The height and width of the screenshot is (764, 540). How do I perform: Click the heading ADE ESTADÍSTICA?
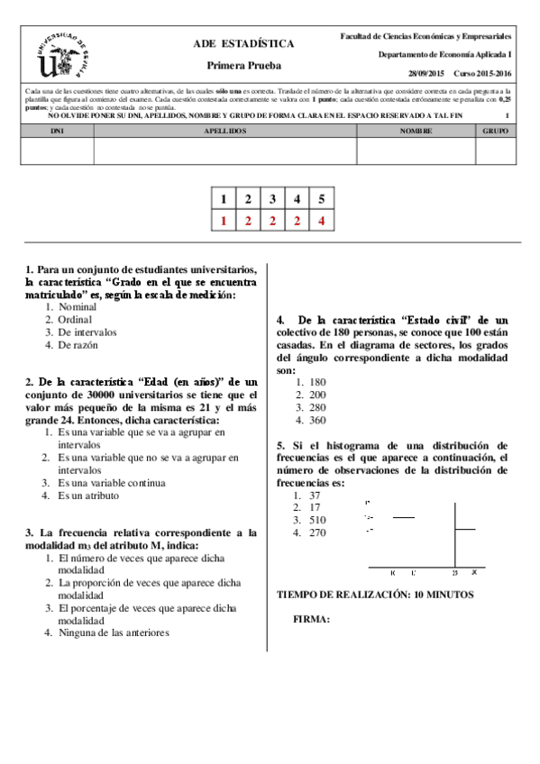243,43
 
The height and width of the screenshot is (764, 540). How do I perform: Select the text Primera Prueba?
243,65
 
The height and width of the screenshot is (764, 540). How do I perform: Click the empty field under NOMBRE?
416,150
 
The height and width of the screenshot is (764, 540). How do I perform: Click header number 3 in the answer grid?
271,199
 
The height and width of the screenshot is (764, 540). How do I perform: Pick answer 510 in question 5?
317,520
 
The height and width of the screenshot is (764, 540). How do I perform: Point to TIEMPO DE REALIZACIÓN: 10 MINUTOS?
374,595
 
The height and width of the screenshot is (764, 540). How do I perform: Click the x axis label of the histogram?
473,572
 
